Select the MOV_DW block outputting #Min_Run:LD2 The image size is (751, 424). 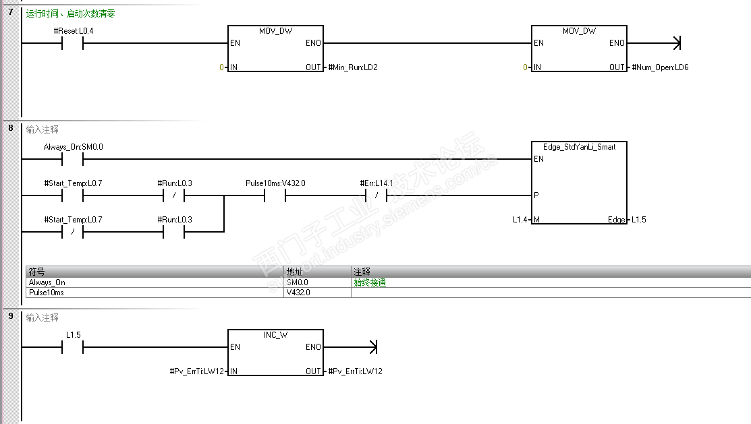[x=275, y=49]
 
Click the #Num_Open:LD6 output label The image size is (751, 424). [x=660, y=67]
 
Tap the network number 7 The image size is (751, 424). [x=10, y=12]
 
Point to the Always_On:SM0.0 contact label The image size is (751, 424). [x=74, y=147]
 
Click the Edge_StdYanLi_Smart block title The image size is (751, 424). [x=579, y=147]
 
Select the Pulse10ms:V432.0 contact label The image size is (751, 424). [x=275, y=183]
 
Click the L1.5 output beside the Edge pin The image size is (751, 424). [x=638, y=220]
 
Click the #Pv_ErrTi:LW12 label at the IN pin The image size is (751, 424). [x=196, y=371]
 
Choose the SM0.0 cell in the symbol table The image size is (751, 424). [x=297, y=283]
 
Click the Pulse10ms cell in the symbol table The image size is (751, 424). [x=47, y=293]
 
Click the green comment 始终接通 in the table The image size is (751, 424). [x=370, y=283]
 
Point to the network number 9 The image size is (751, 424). [x=10, y=316]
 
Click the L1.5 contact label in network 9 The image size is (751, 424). [x=73, y=335]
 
